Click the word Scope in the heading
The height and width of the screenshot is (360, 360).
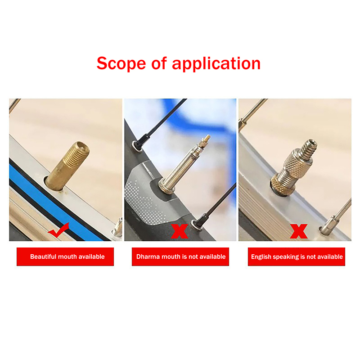click(x=121, y=63)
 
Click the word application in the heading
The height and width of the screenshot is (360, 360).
click(x=216, y=64)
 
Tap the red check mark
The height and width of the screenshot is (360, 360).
click(x=59, y=230)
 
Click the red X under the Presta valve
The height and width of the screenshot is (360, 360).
click(x=179, y=231)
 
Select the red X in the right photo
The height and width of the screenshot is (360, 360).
click(x=298, y=231)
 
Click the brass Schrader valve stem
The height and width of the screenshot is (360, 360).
click(x=67, y=166)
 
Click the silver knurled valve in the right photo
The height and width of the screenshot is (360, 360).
click(x=293, y=167)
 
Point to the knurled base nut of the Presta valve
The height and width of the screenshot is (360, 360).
click(x=166, y=187)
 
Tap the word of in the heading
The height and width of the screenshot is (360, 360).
click(x=159, y=63)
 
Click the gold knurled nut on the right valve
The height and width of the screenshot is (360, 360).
click(x=281, y=185)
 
